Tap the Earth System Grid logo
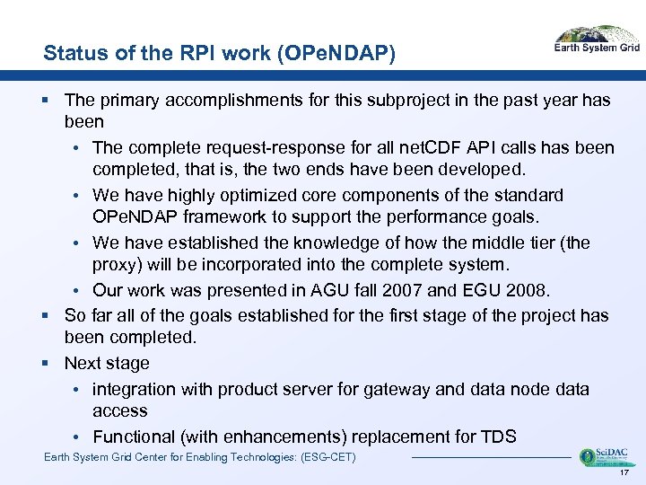(596, 40)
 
